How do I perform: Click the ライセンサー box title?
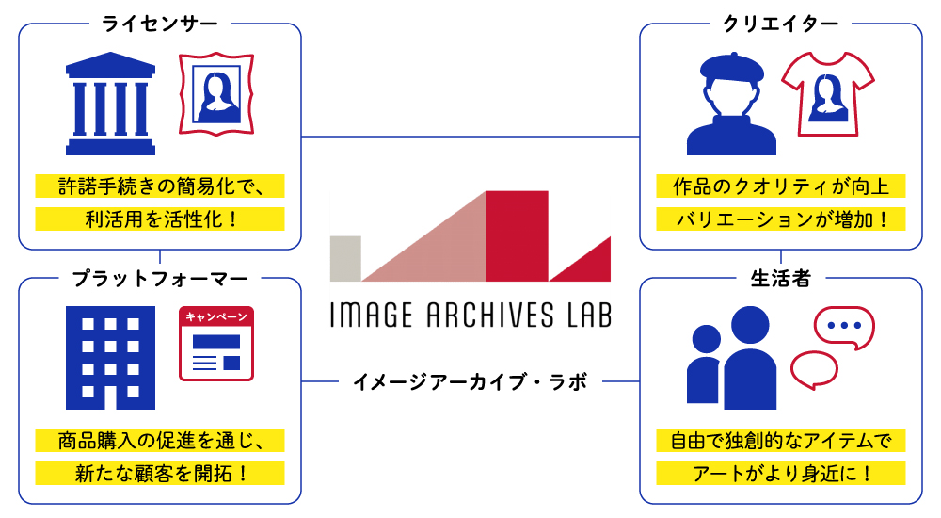tap(159, 23)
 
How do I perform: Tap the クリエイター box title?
tap(780, 23)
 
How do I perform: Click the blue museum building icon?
tap(110, 104)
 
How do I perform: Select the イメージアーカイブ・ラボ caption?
tap(470, 382)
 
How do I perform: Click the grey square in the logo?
tap(345, 258)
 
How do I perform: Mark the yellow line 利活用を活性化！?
tap(160, 219)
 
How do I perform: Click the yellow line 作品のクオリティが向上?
tap(780, 186)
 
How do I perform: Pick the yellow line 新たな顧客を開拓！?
tap(160, 473)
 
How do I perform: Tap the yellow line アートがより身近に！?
tap(780, 473)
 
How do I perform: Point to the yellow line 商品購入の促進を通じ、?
tap(160, 440)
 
